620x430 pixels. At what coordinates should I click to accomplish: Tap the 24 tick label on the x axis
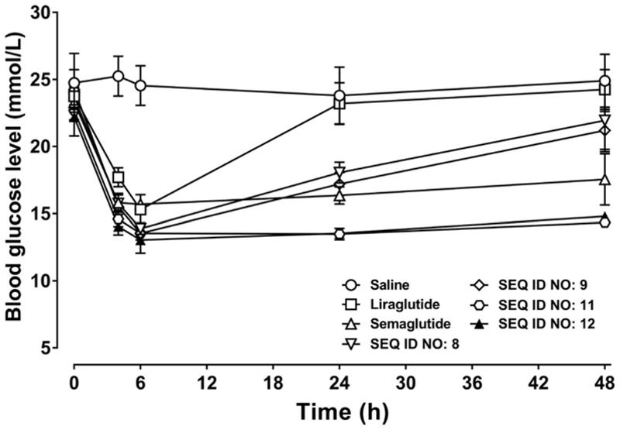coord(339,381)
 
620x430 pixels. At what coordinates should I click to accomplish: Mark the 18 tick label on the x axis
coord(273,381)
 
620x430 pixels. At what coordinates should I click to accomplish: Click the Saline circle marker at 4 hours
coord(119,76)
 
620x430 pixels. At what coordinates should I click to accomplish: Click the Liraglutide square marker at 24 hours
coord(339,102)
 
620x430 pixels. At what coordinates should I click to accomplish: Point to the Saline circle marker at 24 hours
coord(339,96)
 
